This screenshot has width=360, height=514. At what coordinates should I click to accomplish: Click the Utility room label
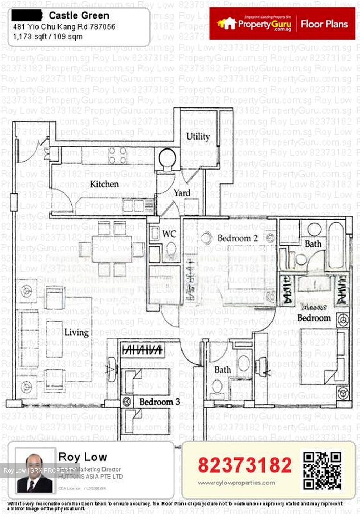click(x=198, y=136)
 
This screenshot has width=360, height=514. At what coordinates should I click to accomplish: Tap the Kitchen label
click(x=104, y=184)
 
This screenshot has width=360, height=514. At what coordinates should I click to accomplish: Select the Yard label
click(x=182, y=193)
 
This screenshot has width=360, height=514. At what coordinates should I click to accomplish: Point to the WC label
click(x=169, y=234)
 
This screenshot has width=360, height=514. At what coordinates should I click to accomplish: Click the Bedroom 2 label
click(x=237, y=238)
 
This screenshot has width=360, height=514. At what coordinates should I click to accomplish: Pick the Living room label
click(x=76, y=332)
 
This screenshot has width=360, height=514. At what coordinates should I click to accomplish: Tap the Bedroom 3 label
click(x=159, y=402)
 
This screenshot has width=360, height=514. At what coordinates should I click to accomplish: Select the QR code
click(x=322, y=470)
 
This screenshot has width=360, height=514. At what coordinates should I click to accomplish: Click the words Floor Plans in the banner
click(x=324, y=24)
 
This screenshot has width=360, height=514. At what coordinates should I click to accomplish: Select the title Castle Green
click(x=79, y=16)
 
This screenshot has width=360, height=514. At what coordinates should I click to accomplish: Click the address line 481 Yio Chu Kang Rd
click(x=64, y=27)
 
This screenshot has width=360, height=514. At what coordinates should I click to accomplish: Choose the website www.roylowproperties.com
click(x=236, y=483)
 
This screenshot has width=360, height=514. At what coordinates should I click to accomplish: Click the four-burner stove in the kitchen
click(x=118, y=156)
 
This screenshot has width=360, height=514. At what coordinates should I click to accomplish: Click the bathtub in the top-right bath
click(x=337, y=246)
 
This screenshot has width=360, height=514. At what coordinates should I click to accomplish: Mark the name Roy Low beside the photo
click(x=82, y=457)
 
